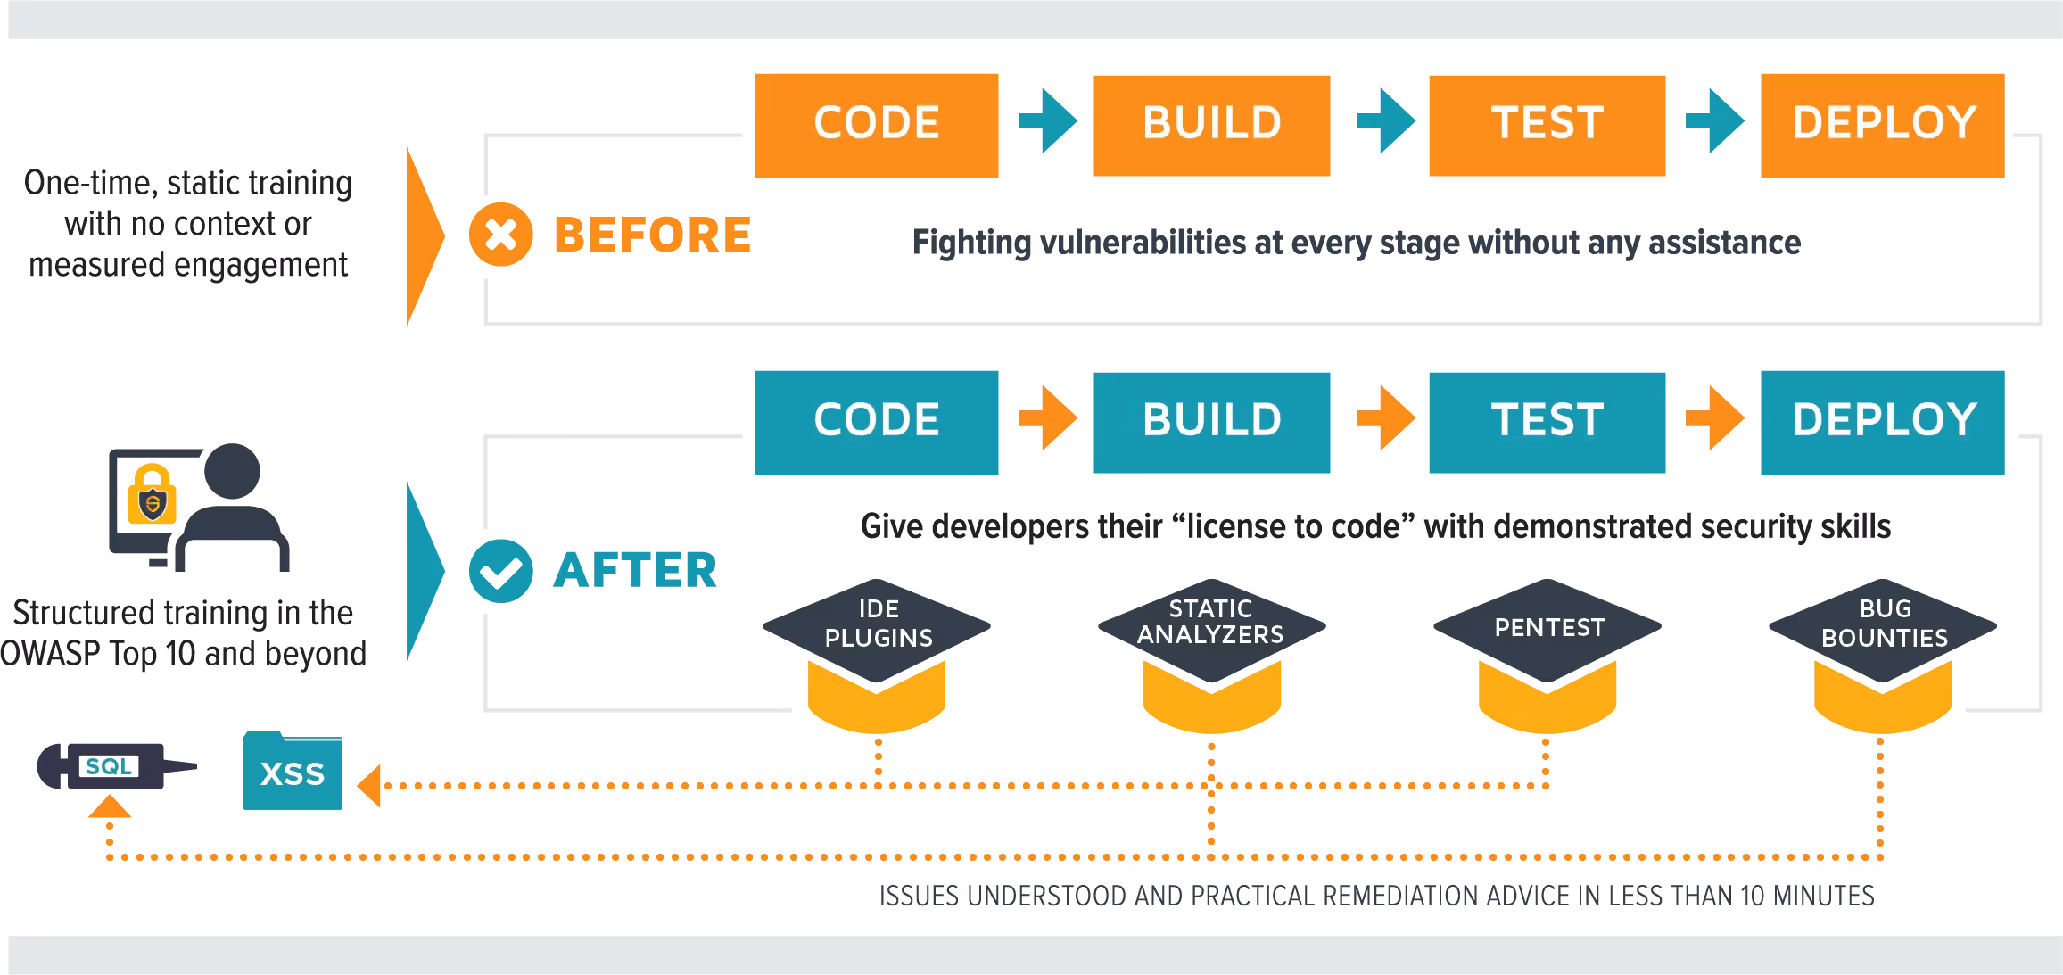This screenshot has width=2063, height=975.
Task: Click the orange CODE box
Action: pos(875,124)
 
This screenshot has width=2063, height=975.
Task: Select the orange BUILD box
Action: pos(1212,124)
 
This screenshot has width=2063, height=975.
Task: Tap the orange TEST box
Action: pos(1547,124)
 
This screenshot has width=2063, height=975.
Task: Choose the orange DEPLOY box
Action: pos(1881,124)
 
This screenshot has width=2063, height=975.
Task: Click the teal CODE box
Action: pos(875,421)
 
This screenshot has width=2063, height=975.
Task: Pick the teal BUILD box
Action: pos(1212,421)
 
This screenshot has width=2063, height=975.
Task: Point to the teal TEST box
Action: pos(1547,421)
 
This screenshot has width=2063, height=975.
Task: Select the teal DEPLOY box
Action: pos(1881,421)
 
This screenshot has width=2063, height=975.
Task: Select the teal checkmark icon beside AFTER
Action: pos(499,571)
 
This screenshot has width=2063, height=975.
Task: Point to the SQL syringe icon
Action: pos(111,766)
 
